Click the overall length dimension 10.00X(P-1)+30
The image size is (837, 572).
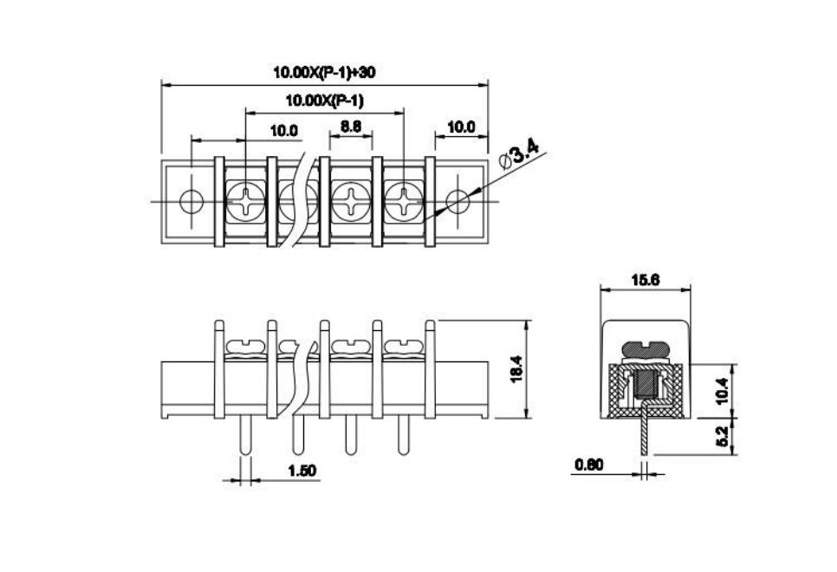click(x=324, y=72)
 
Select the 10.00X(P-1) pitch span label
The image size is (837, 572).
click(x=324, y=101)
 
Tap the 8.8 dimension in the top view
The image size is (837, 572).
click(x=351, y=127)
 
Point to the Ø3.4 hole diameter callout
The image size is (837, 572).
click(x=519, y=155)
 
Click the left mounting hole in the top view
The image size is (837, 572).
click(x=191, y=201)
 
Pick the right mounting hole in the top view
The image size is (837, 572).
click(x=457, y=201)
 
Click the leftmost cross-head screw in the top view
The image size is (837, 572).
click(x=245, y=201)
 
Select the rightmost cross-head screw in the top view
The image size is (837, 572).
click(x=404, y=201)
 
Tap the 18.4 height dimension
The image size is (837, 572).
click(x=516, y=369)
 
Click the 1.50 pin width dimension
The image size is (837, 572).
click(x=302, y=471)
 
